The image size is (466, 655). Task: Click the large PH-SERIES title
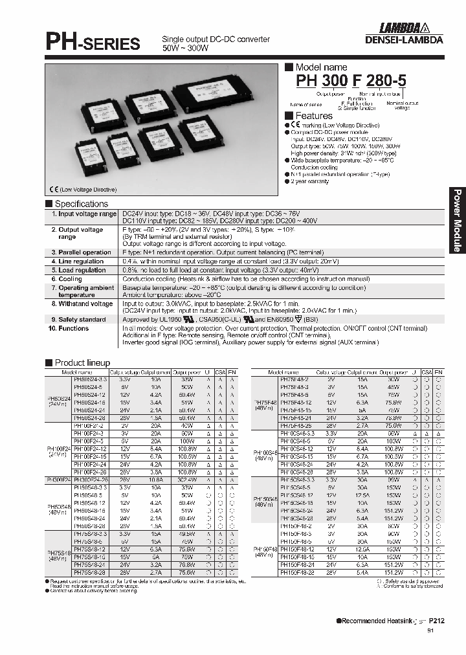click(x=92, y=43)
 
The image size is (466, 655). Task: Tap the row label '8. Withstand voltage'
click(x=81, y=304)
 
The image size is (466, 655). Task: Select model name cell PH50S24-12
click(x=89, y=394)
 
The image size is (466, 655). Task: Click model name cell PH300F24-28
click(x=89, y=479)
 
